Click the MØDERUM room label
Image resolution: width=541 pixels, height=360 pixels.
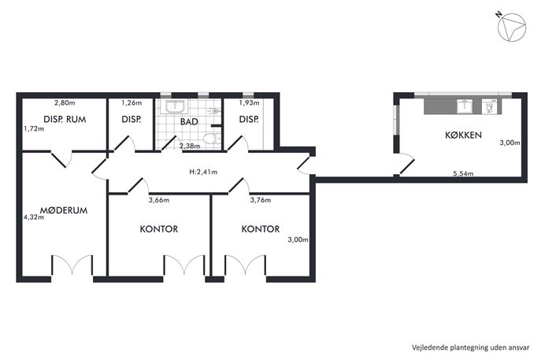point(64,210)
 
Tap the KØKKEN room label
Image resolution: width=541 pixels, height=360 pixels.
point(463,135)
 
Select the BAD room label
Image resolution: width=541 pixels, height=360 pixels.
point(189,121)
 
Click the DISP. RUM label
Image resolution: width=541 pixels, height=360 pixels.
point(65,120)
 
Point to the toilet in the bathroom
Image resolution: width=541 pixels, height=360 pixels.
point(212,139)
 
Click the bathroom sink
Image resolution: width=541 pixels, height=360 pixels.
point(176,106)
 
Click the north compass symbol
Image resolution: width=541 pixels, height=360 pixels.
point(511,27)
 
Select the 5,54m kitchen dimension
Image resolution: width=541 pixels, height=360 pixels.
point(463,173)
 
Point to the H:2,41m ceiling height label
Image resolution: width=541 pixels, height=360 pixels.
point(203,172)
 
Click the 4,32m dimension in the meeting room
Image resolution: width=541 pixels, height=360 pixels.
point(33,217)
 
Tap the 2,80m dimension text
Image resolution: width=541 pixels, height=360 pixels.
point(65,102)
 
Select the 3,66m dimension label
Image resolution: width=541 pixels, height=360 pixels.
point(159,200)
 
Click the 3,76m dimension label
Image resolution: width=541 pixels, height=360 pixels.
point(261,200)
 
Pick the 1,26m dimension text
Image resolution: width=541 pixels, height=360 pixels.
point(132,102)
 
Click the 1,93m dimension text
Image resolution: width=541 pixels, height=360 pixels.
point(249,102)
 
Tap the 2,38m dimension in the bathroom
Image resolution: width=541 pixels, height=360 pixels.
point(190,146)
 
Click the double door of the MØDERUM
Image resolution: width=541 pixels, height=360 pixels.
point(72,265)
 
